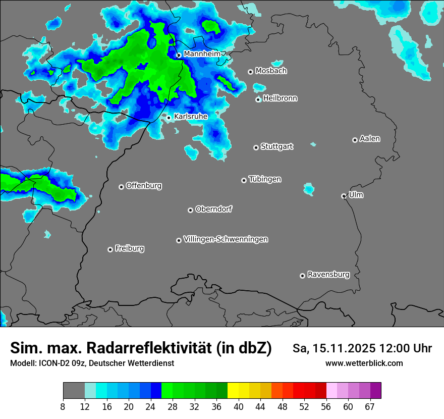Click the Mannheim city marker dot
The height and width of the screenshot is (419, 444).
[179, 56]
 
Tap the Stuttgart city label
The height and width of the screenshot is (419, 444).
[277, 146]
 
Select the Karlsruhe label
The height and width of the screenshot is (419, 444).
[191, 116]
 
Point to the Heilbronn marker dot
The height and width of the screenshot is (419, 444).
[258, 99]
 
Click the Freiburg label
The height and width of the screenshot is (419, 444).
[129, 248]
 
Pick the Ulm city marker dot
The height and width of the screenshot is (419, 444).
[344, 196]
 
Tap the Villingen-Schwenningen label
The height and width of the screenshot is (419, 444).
[226, 239]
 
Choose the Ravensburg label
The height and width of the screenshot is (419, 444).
[328, 275]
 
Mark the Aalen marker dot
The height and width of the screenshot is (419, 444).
[355, 140]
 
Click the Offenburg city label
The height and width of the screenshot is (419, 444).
[144, 185]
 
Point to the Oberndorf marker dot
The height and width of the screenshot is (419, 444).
[190, 210]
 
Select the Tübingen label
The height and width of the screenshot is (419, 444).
[265, 179]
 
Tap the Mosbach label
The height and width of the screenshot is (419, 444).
[271, 71]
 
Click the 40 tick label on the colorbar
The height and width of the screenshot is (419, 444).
[239, 406]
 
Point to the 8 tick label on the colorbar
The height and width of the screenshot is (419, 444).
[63, 406]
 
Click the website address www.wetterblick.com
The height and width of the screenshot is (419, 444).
[364, 363]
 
